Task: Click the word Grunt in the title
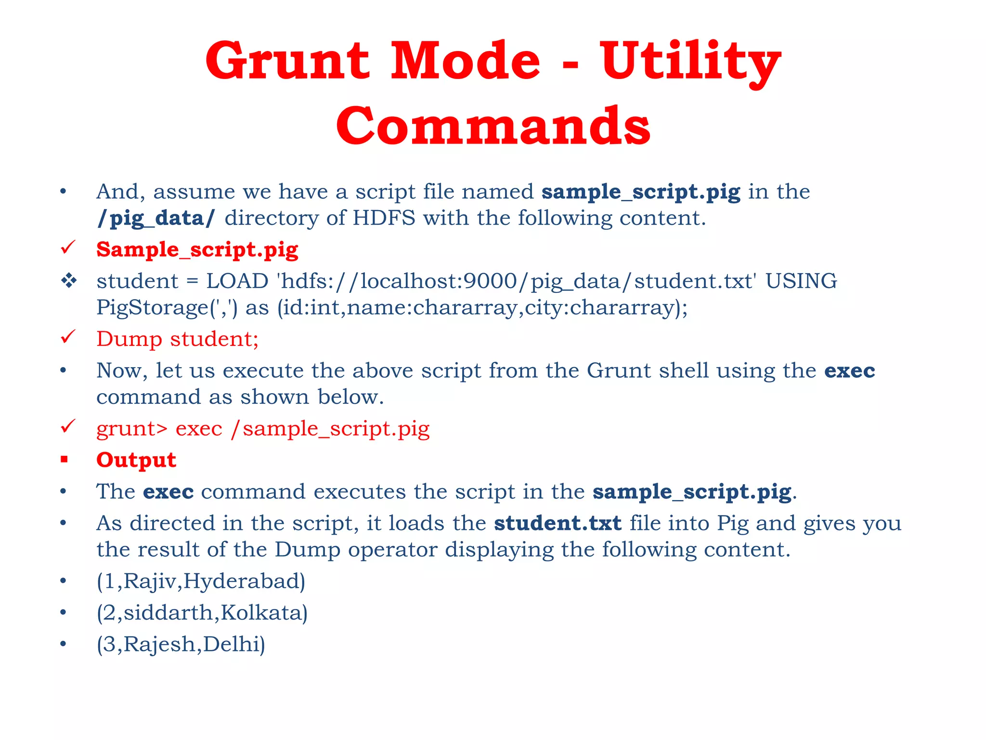click(287, 62)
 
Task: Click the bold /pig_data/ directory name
click(156, 218)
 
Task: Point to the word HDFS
click(384, 218)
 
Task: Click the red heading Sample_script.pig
click(197, 250)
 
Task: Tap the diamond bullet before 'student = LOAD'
click(69, 280)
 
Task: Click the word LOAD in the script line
click(237, 281)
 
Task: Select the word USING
click(801, 281)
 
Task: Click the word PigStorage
click(152, 307)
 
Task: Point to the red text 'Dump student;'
click(178, 339)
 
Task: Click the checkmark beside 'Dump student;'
click(68, 337)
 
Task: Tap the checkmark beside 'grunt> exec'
click(68, 426)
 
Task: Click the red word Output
click(136, 460)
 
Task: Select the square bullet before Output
click(64, 460)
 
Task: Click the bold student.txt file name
click(558, 523)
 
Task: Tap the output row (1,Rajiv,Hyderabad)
click(201, 581)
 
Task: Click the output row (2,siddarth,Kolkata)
click(202, 613)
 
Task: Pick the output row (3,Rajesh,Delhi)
click(181, 644)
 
